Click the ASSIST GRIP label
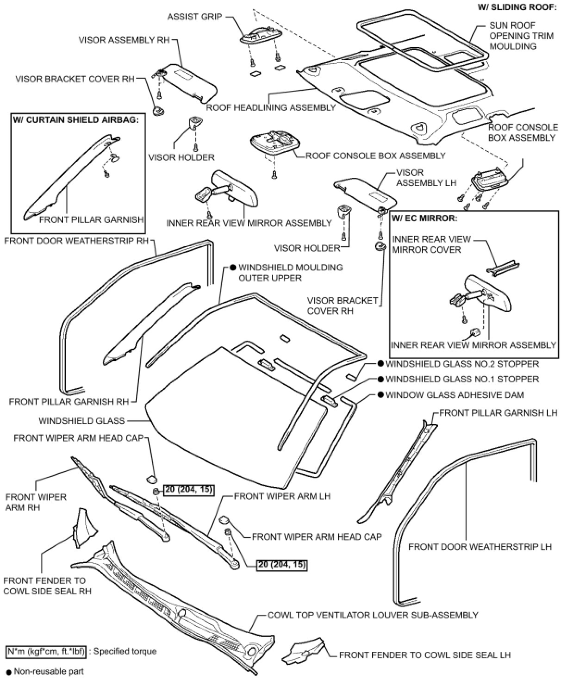194,17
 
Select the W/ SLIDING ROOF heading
517,8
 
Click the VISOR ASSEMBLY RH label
124,40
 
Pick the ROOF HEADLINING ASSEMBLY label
271,108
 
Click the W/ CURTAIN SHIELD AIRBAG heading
76,120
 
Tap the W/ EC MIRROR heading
424,218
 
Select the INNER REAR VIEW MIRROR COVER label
431,244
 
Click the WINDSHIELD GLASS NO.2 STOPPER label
462,364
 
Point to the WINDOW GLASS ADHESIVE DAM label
455,395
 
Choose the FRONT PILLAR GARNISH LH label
498,412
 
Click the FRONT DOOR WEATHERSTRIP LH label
480,547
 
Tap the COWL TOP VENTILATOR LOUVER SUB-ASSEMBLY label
373,615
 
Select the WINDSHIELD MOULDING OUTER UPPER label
290,273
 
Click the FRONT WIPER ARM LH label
282,496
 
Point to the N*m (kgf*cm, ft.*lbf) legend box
46,652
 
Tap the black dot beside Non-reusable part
8,671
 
